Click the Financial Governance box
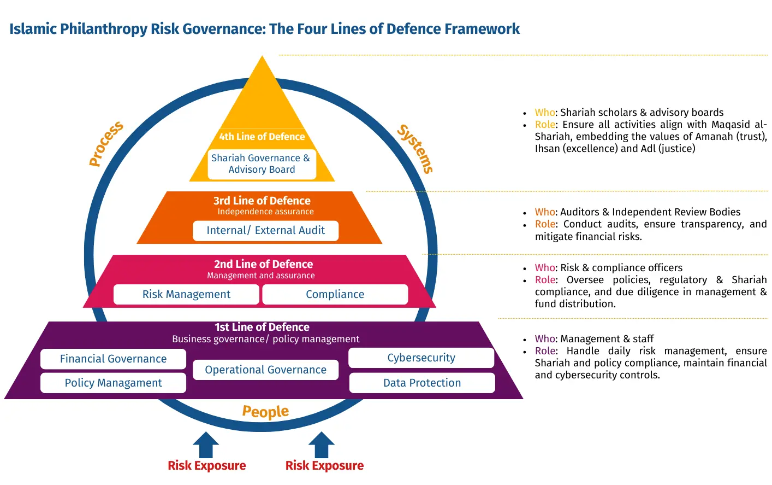[113, 359]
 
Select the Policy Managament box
[113, 383]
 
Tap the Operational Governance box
[265, 370]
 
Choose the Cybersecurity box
[421, 358]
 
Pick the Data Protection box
[422, 383]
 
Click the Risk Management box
[186, 294]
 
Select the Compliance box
[335, 294]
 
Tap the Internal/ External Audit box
[265, 231]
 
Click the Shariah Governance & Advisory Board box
[262, 164]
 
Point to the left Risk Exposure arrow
[206, 445]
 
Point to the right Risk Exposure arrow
[322, 445]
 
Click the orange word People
[265, 412]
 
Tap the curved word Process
[105, 143]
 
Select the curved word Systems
[415, 149]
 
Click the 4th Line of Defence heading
[262, 137]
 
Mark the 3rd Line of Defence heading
[262, 201]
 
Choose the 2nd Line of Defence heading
[263, 264]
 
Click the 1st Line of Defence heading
[262, 327]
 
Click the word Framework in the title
[482, 28]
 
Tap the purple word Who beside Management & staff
[545, 338]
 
